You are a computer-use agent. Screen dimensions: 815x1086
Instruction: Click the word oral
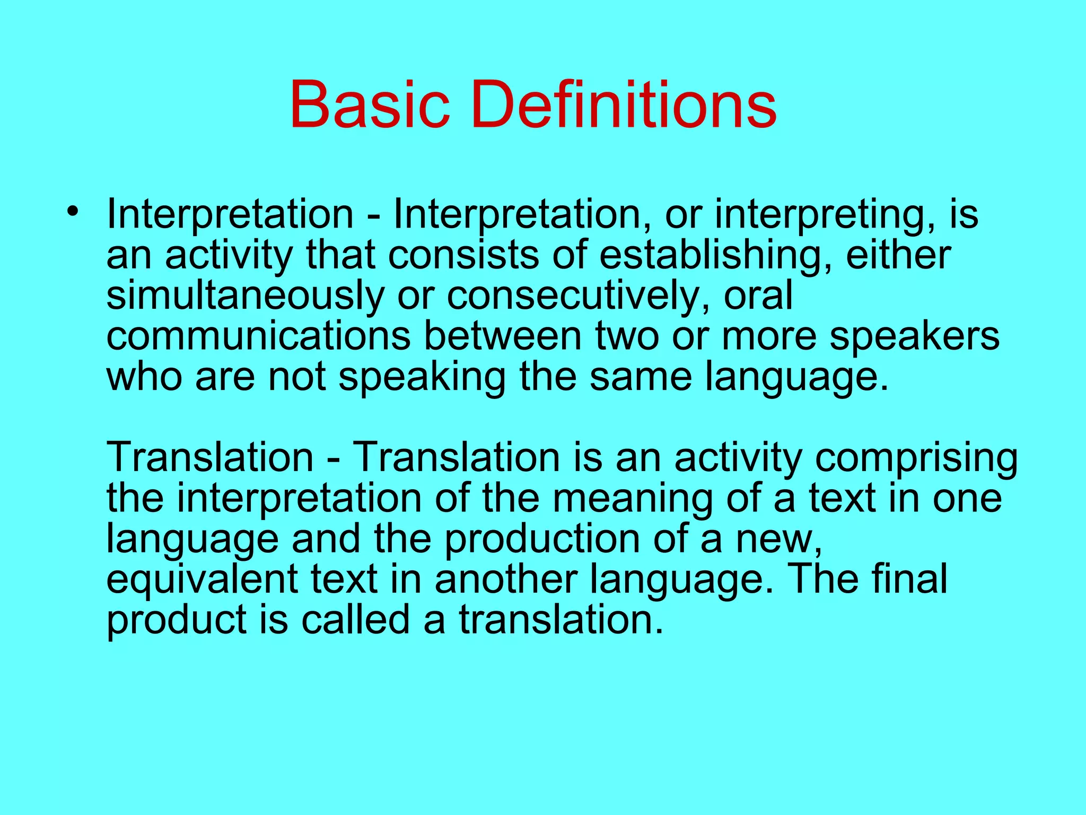pos(758,296)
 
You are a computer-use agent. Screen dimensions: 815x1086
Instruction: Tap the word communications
pos(258,336)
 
